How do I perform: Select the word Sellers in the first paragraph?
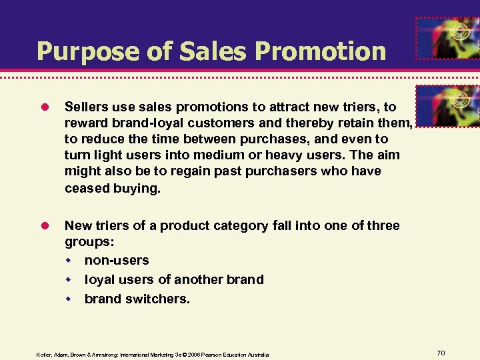point(87,107)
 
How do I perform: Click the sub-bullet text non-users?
point(117,260)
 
